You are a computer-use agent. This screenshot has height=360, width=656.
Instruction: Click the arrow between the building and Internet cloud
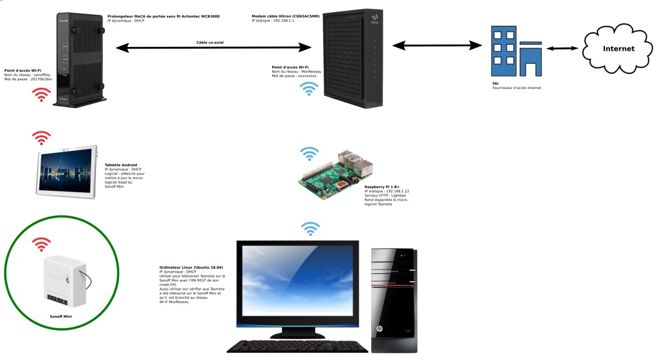tap(563, 49)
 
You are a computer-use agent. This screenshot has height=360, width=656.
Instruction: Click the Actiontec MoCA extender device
tap(80, 60)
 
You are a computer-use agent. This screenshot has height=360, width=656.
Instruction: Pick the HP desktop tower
tap(394, 300)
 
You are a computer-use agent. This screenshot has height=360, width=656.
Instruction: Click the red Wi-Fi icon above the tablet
tap(42, 138)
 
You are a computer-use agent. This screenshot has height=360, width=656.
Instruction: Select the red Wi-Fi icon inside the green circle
tap(41, 244)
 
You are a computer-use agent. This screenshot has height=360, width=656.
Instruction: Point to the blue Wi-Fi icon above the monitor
tap(311, 228)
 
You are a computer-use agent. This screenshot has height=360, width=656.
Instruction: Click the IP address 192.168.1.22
tap(397, 191)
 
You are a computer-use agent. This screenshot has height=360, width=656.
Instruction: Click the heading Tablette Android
tap(121, 164)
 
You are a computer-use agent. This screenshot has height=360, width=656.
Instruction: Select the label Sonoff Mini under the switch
tap(61, 316)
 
